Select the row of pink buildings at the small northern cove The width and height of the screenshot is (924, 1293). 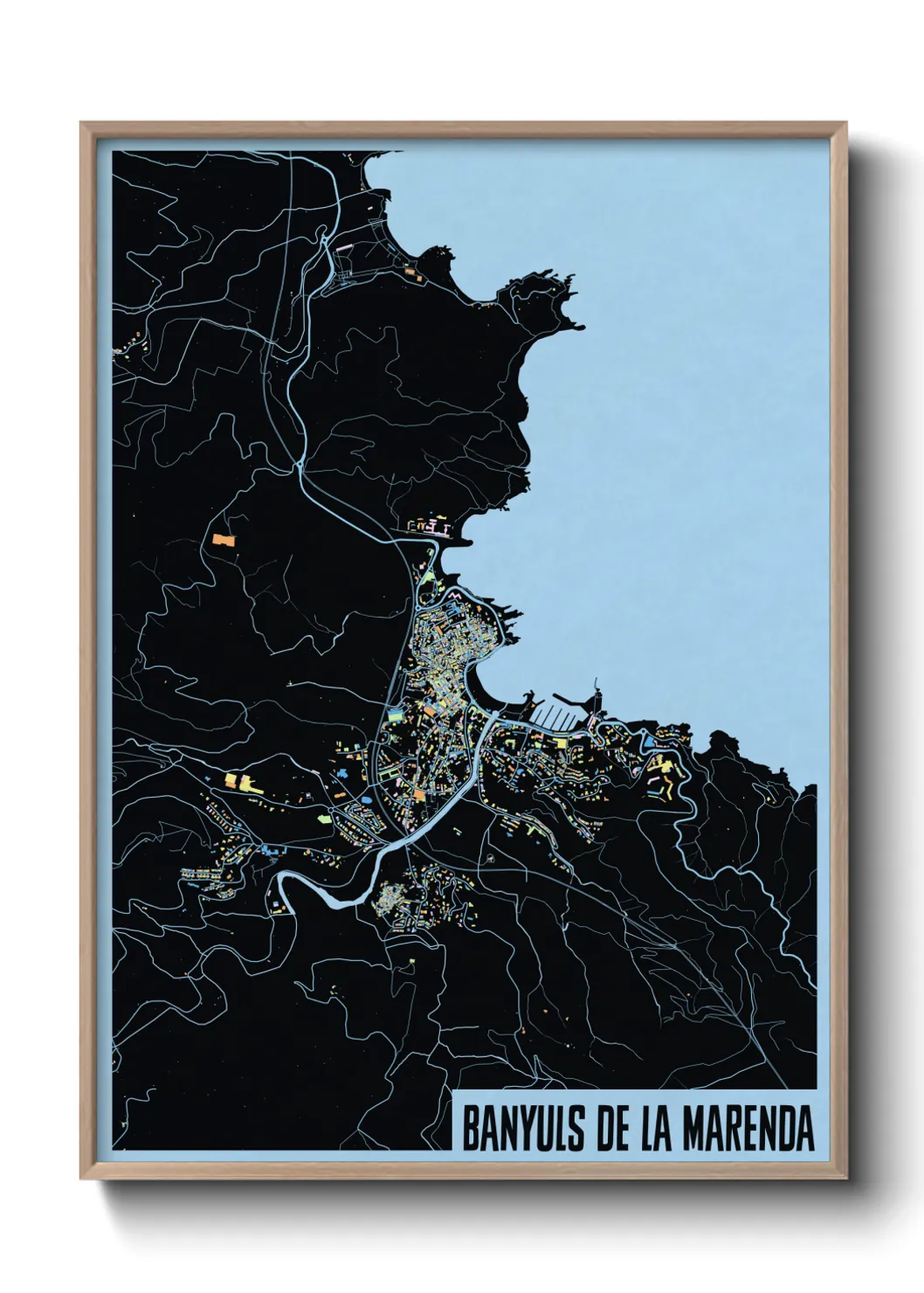tap(428, 527)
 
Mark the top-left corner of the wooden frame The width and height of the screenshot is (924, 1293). tap(82, 124)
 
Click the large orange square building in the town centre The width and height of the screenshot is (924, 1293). tap(418, 795)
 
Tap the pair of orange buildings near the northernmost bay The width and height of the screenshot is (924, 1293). tap(413, 273)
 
